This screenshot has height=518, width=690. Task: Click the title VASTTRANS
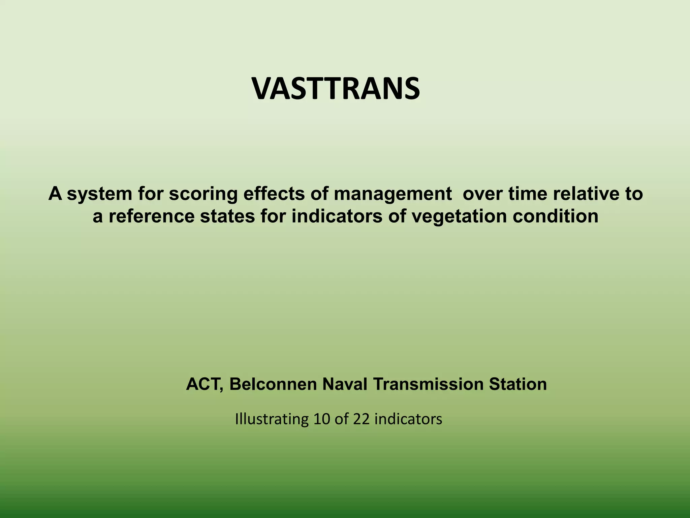336,89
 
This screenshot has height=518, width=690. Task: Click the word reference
152,217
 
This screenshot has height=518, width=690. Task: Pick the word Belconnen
273,384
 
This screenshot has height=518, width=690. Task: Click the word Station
518,384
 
